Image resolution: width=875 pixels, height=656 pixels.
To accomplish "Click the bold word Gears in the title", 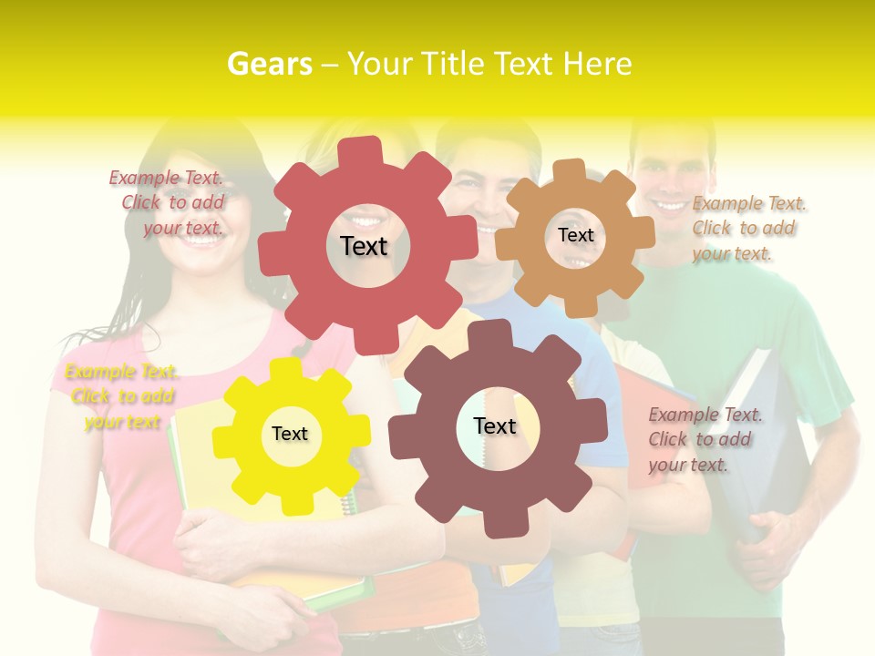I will [x=269, y=64].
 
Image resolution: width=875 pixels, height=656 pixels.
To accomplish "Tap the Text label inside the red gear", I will [x=364, y=246].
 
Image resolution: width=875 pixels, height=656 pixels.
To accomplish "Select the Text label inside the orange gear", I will [x=575, y=235].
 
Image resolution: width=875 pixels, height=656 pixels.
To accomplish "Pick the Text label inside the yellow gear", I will [x=290, y=434].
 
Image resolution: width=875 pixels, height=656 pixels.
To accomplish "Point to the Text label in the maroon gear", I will [x=495, y=425].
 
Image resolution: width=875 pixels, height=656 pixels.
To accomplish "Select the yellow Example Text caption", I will [x=121, y=396].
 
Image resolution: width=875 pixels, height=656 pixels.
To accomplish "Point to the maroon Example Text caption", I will [x=704, y=440].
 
